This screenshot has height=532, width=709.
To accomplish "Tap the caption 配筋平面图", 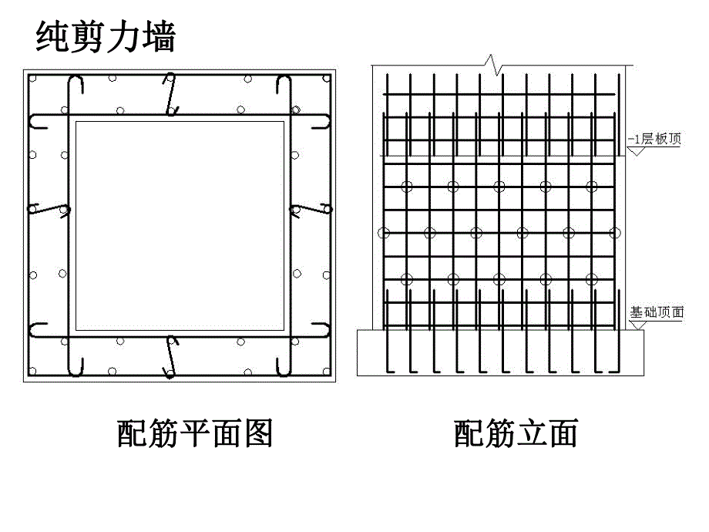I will [x=195, y=434].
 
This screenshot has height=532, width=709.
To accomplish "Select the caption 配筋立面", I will [x=516, y=434].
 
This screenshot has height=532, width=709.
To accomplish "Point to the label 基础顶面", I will [x=657, y=312].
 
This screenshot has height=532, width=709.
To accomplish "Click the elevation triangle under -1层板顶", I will [x=636, y=151].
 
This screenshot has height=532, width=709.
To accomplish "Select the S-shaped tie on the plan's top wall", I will [x=171, y=94].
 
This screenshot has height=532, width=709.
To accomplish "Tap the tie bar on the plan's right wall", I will [x=310, y=208].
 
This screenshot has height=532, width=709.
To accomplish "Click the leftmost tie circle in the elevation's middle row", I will [x=383, y=232].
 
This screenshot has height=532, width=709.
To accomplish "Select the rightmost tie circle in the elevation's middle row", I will [x=614, y=232].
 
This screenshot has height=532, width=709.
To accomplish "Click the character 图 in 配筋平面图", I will [x=258, y=434].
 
